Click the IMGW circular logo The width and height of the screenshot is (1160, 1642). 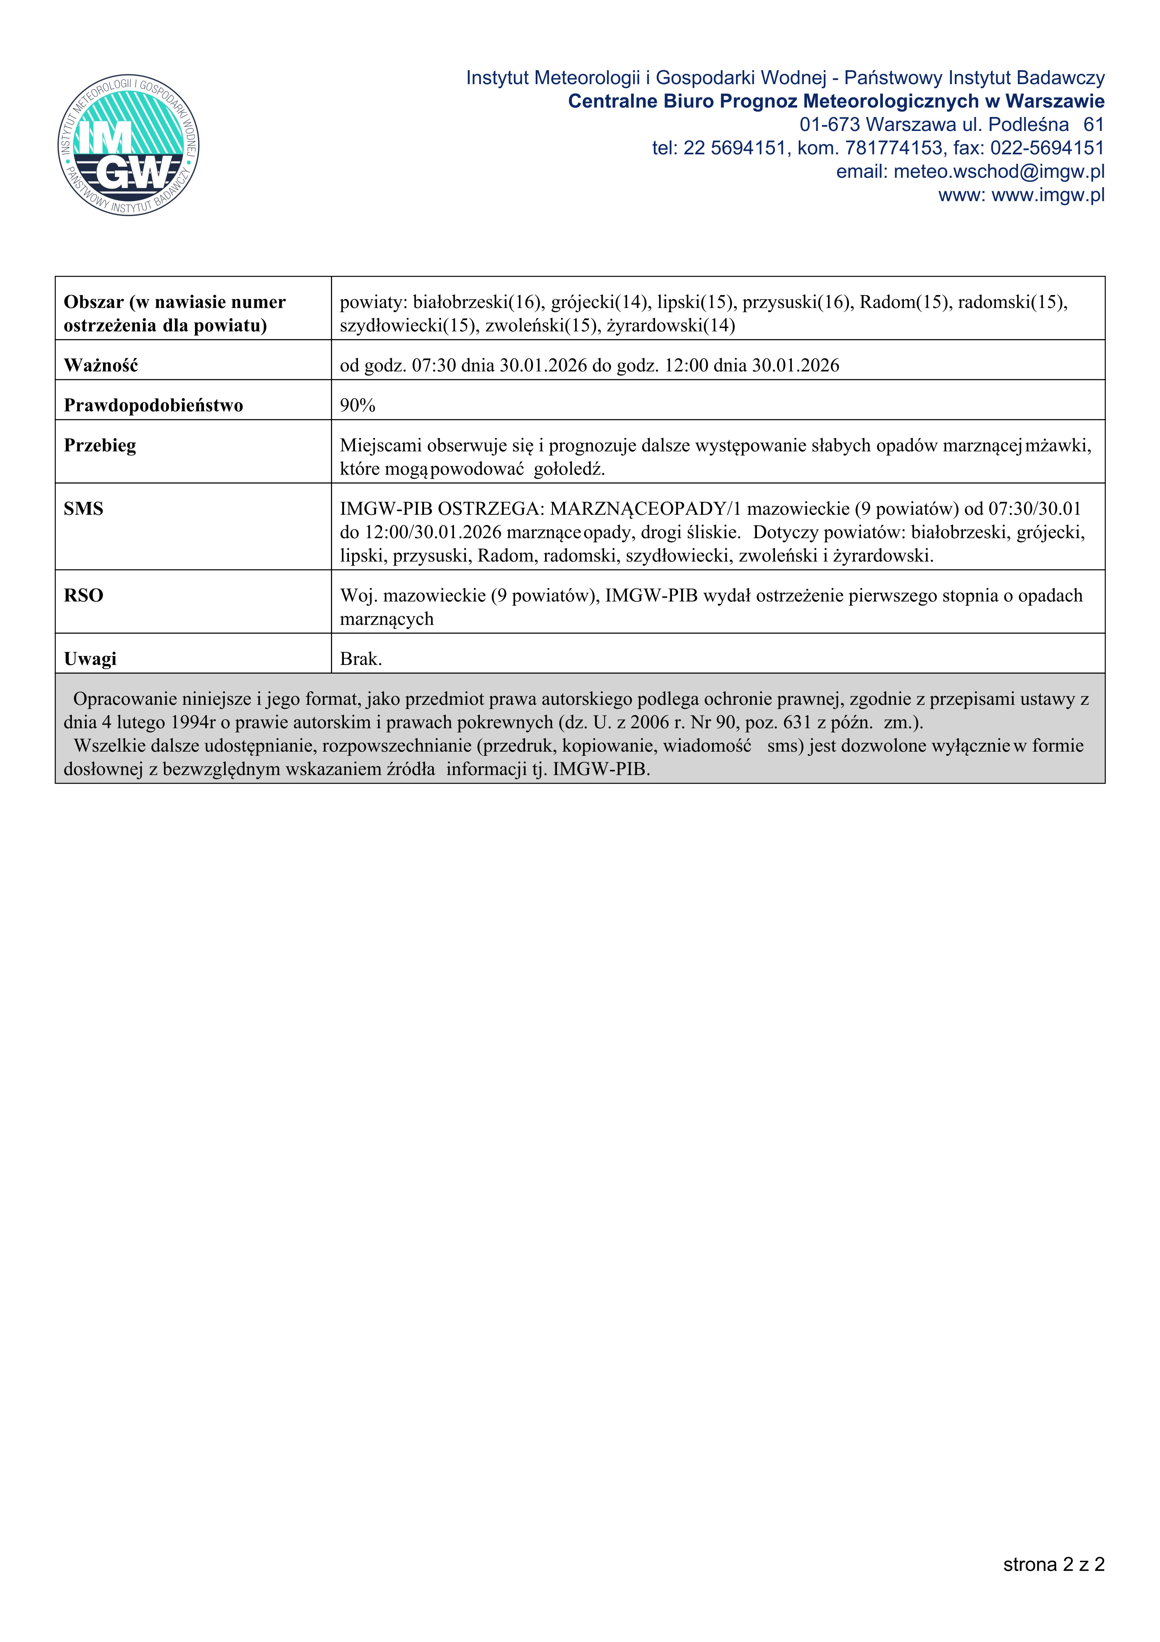click(x=129, y=145)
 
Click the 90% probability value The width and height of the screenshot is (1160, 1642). click(x=358, y=406)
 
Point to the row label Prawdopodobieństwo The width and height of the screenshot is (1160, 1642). click(x=153, y=406)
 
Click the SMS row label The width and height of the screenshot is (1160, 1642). click(x=84, y=509)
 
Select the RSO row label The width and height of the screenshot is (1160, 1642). click(x=84, y=596)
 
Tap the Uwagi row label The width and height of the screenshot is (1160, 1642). click(x=90, y=659)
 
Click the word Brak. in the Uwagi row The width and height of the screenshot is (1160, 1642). click(x=361, y=659)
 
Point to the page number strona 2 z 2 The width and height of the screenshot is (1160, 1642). click(x=1053, y=1564)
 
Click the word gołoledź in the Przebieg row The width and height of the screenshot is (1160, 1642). click(x=569, y=469)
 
